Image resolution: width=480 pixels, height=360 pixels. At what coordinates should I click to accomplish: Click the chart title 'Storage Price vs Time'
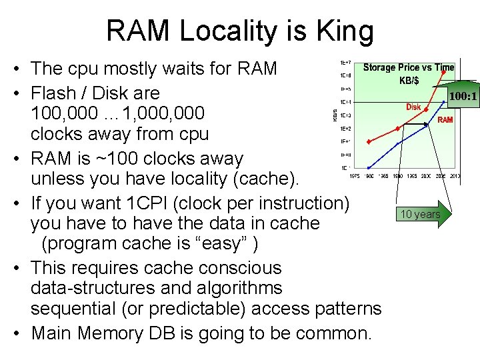pyautogui.click(x=408, y=67)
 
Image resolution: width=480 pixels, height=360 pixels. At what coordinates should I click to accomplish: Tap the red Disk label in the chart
pyautogui.click(x=413, y=107)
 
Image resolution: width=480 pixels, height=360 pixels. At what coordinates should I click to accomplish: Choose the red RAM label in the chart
pyautogui.click(x=445, y=121)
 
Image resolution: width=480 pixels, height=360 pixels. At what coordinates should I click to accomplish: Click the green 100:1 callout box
pyautogui.click(x=462, y=97)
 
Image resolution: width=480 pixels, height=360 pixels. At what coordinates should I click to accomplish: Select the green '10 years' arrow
pyautogui.click(x=424, y=214)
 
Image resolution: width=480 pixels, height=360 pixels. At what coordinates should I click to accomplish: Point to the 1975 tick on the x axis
pyautogui.click(x=355, y=176)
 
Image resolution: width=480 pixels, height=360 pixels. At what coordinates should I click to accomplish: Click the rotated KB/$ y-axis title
pyautogui.click(x=335, y=116)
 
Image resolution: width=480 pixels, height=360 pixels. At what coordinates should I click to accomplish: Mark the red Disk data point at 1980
pyautogui.click(x=369, y=141)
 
